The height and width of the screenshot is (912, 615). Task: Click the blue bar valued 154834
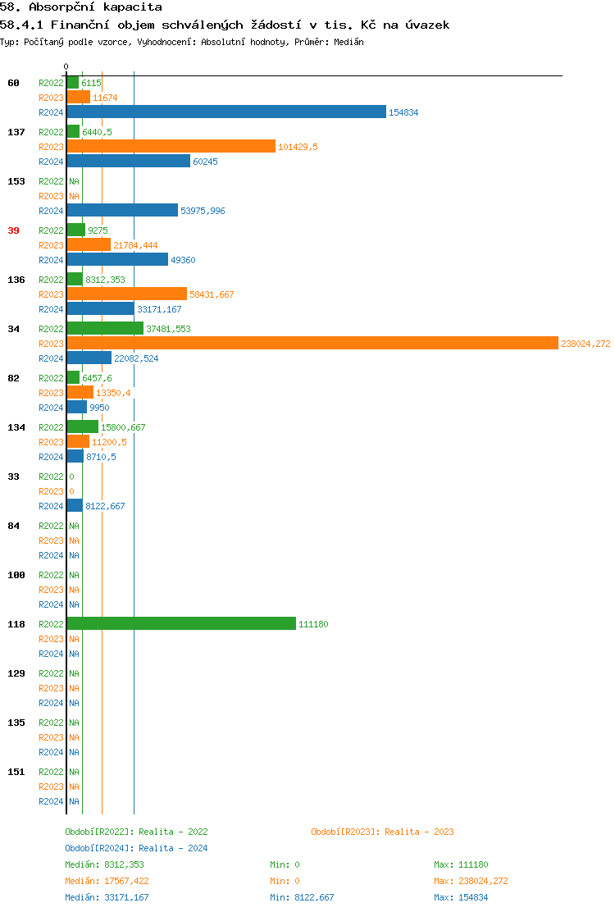click(x=226, y=112)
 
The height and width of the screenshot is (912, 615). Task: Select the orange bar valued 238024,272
click(x=312, y=344)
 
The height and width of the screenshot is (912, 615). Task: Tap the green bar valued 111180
click(x=181, y=624)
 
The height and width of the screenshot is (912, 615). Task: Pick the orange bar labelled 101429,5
click(x=171, y=147)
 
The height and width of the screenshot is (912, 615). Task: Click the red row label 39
click(x=13, y=230)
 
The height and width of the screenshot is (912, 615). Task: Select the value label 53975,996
click(x=203, y=211)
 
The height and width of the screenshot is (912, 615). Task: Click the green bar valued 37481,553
click(x=105, y=329)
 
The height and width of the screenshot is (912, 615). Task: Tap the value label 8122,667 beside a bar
click(x=105, y=506)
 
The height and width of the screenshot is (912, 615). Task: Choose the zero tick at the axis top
click(x=66, y=66)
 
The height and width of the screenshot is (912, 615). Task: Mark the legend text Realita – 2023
click(x=419, y=832)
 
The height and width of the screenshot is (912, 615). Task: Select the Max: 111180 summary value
click(x=462, y=864)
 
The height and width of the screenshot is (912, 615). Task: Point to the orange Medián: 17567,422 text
click(x=107, y=881)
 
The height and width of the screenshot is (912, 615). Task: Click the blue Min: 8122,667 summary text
click(x=302, y=897)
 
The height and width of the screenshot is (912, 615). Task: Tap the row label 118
click(x=16, y=624)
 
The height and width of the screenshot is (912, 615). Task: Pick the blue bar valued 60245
click(x=128, y=162)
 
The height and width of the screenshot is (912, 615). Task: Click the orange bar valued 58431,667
click(x=126, y=294)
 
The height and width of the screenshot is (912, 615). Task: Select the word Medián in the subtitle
click(x=348, y=41)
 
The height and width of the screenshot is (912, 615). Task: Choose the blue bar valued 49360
click(x=117, y=260)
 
